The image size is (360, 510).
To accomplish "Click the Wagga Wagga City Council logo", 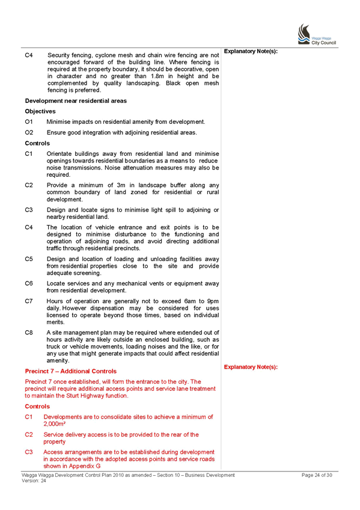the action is pyautogui.click(x=317, y=34).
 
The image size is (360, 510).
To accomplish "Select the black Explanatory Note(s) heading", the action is pyautogui.click(x=251, y=51).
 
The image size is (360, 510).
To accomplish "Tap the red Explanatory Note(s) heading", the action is pyautogui.click(x=251, y=367).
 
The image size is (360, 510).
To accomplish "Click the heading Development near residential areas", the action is pyautogui.click(x=76, y=101).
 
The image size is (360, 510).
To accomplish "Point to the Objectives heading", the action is pyautogui.click(x=40, y=111).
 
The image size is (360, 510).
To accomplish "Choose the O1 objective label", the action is pyautogui.click(x=29, y=122).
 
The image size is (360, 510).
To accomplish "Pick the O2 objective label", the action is pyautogui.click(x=29, y=132).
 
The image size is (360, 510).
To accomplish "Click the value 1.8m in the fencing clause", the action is pyautogui.click(x=157, y=76).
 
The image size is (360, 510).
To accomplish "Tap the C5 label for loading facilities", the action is pyautogui.click(x=29, y=259).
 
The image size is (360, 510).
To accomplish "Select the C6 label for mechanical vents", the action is pyautogui.click(x=29, y=283).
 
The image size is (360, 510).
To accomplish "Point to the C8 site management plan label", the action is pyautogui.click(x=29, y=333).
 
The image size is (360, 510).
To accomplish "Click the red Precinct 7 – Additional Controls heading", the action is pyautogui.click(x=70, y=371).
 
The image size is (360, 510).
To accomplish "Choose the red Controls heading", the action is pyautogui.click(x=37, y=406).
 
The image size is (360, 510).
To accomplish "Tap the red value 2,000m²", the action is pyautogui.click(x=55, y=424).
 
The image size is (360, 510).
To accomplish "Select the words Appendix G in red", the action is pyautogui.click(x=84, y=466).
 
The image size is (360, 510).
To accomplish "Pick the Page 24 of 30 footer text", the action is pyautogui.click(x=317, y=475).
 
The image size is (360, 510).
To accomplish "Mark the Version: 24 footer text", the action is pyautogui.click(x=34, y=481).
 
